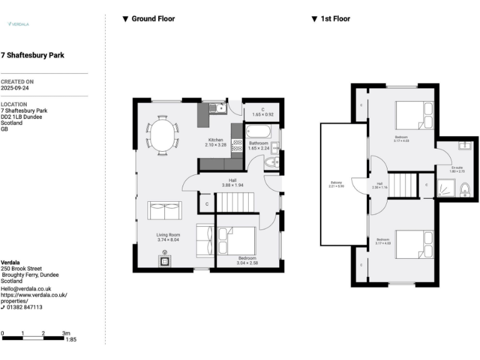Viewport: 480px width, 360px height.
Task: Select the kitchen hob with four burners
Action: [x=237, y=146]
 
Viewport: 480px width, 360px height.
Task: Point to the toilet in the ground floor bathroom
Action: [x=271, y=163]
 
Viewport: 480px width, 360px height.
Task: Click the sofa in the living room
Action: [x=164, y=211]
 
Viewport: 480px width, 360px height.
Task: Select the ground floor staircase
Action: [x=236, y=202]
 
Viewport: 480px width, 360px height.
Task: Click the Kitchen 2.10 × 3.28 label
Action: [x=216, y=142]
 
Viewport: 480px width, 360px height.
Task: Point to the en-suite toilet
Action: [x=464, y=189]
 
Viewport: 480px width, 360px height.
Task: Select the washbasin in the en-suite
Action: [x=464, y=146]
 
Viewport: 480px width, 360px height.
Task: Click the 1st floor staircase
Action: [x=403, y=186]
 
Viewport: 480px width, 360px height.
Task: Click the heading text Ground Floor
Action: [x=153, y=19]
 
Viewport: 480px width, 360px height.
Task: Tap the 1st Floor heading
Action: [x=335, y=19]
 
